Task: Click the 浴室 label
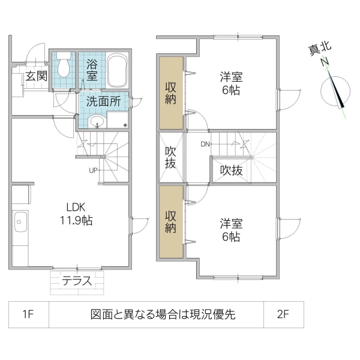pos(92,70)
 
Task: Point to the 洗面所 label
pos(103,101)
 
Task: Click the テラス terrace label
pos(78,280)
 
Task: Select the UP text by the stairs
pos(93,170)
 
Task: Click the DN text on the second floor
pos(205,144)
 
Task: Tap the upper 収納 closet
pos(171,92)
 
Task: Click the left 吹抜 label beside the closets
pos(171,157)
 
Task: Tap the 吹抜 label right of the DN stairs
pos(231,170)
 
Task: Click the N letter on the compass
pos(325,62)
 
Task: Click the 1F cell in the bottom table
pos(29,314)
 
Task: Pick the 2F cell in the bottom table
pos(284,314)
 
